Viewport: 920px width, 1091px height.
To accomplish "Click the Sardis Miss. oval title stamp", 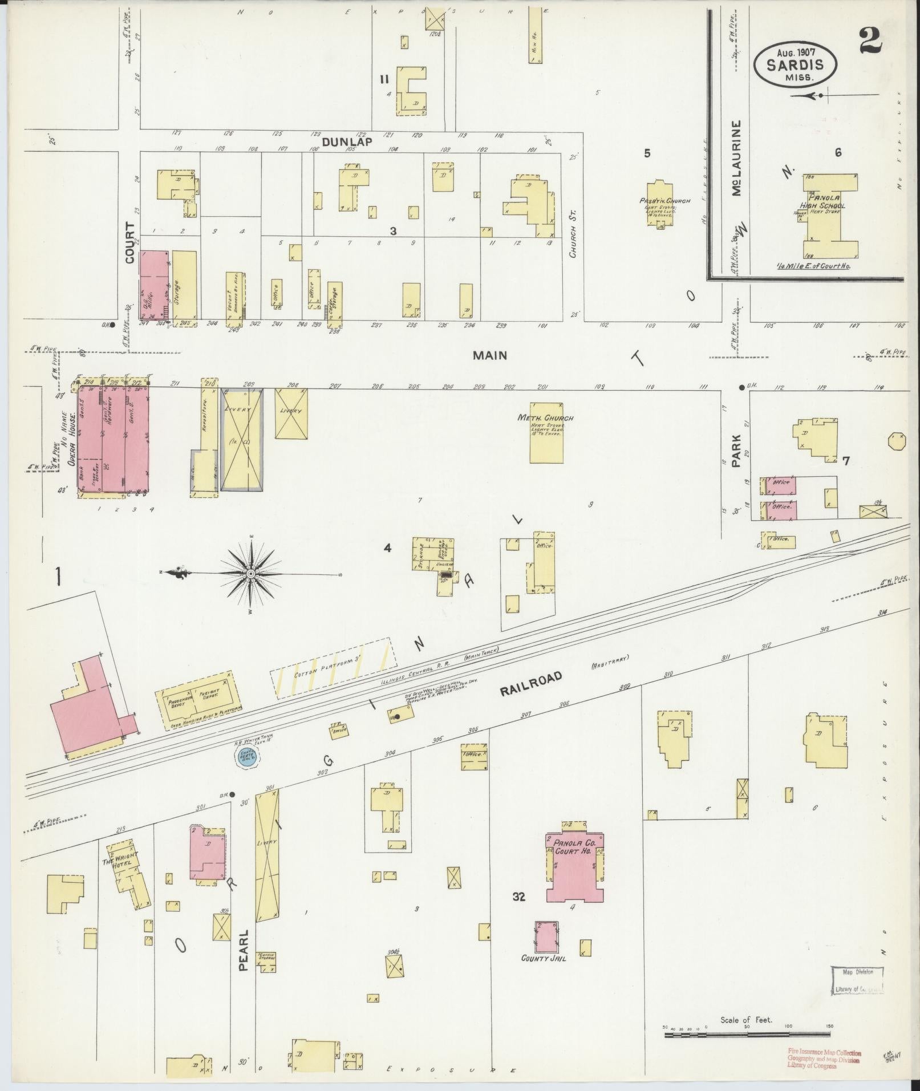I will click(x=796, y=66).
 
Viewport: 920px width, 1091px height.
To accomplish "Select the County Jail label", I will click(x=544, y=958).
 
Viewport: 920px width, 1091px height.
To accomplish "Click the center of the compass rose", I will click(x=251, y=573).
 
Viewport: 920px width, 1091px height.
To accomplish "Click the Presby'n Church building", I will click(x=660, y=202).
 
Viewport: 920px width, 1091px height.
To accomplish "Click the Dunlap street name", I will click(x=347, y=142).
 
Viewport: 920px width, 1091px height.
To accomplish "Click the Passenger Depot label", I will click(x=177, y=702).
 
